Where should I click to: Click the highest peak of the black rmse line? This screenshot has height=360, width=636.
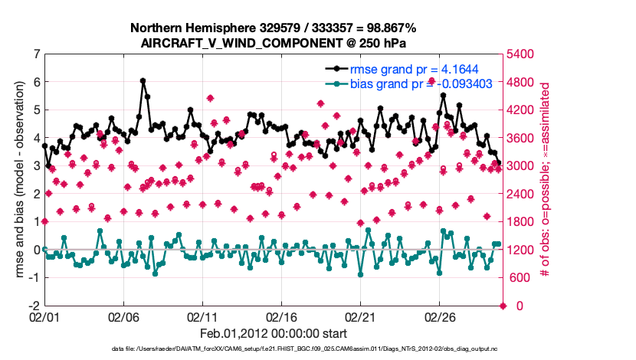143,80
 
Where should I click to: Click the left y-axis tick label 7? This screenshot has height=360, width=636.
36,54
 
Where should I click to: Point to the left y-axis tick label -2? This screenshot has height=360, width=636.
34,306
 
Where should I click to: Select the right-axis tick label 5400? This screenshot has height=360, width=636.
523,54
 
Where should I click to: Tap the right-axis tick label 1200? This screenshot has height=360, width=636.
523,250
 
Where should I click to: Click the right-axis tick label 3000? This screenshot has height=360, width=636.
523,166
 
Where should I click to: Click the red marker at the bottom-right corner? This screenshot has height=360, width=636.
503,306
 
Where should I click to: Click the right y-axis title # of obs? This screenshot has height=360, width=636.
546,180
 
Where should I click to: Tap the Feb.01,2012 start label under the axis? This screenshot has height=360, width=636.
273,334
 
